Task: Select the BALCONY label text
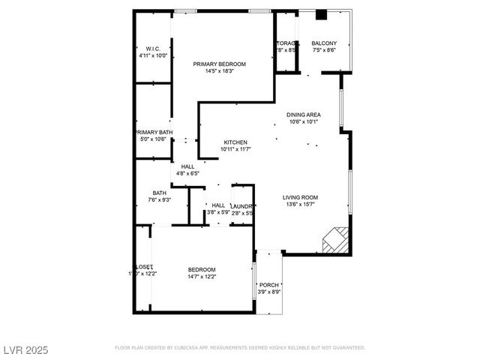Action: click(325, 44)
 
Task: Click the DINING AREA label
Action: click(303, 115)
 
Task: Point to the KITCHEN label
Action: click(235, 142)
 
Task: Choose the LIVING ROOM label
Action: click(298, 196)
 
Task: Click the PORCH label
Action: click(269, 285)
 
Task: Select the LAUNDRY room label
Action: click(242, 205)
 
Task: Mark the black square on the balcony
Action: click(322, 14)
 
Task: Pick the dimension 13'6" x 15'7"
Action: click(298, 204)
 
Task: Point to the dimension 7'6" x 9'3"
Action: click(160, 199)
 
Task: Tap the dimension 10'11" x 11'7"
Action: click(235, 149)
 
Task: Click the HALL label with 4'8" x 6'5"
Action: click(187, 166)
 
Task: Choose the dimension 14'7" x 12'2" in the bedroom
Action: click(202, 277)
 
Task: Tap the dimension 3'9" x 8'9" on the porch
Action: click(269, 292)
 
